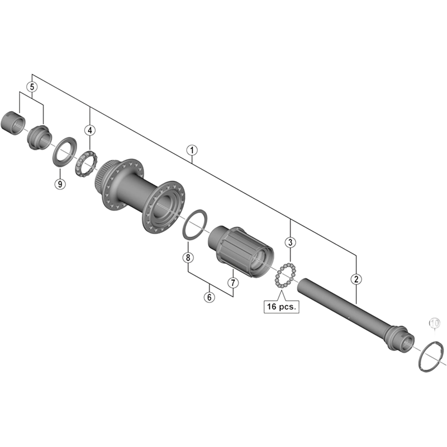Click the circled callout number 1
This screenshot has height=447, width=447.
(192, 150)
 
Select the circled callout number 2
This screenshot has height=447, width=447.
(355, 278)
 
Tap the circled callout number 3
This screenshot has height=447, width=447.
(290, 242)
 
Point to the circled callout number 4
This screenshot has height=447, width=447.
(90, 130)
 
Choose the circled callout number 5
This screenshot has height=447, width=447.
(32, 87)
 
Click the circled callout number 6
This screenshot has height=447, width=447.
(209, 297)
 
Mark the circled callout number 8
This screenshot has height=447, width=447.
(188, 257)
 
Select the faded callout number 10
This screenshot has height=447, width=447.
(435, 322)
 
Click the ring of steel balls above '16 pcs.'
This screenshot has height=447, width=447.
(285, 275)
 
